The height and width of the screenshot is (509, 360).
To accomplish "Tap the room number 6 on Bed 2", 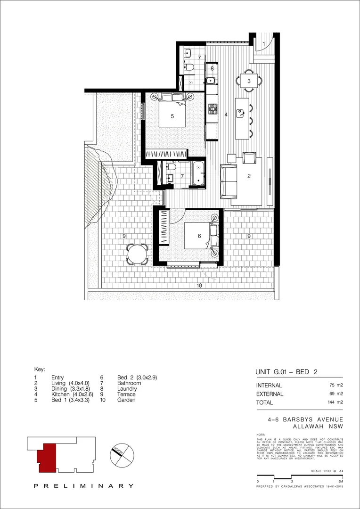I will (199, 236).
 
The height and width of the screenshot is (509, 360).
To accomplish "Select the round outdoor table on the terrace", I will (138, 254).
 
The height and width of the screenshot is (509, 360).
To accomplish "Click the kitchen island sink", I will (241, 113).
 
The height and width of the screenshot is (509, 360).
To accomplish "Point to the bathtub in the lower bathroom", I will (199, 173).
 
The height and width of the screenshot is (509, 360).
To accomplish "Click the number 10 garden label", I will (199, 286).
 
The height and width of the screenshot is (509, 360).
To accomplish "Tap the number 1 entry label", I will (264, 44).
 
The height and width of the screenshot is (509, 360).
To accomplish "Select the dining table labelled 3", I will (249, 81).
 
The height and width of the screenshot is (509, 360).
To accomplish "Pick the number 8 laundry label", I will (213, 68).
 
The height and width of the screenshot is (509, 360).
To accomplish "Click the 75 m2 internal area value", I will (336, 385).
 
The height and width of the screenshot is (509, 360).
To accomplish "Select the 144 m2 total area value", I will (335, 402).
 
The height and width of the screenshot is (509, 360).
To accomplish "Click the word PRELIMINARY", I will (83, 486).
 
